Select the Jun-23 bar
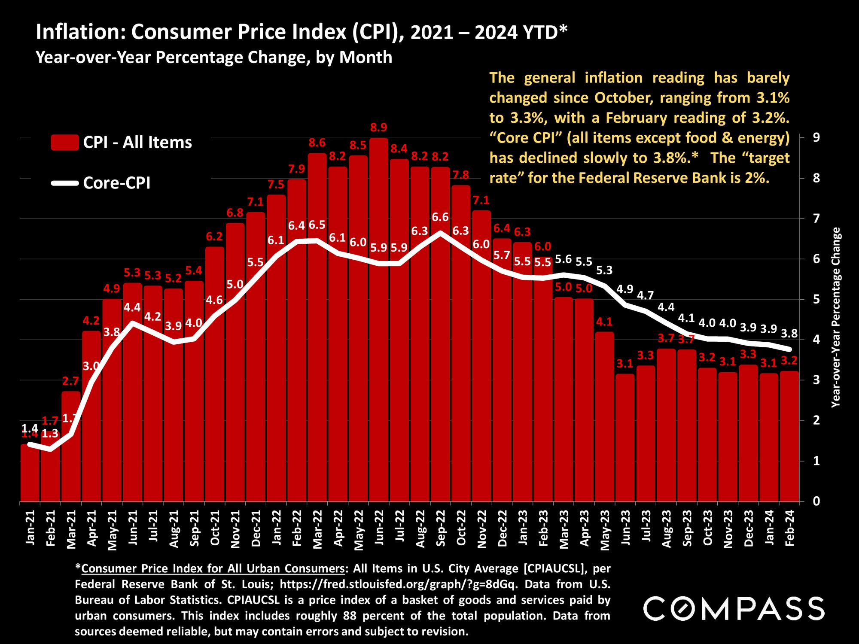[x=624, y=438]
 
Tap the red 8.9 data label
[x=378, y=128]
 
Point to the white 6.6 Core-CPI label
[x=440, y=217]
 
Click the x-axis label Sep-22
[x=440, y=529]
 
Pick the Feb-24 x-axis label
[x=789, y=529]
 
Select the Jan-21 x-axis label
[x=30, y=529]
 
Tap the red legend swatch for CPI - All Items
[x=64, y=143]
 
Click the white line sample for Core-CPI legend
[x=64, y=183]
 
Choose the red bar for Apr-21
[x=91, y=416]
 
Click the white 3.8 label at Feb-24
[x=789, y=334]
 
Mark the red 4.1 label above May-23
[x=604, y=322]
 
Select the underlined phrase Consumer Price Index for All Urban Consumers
[x=213, y=568]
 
